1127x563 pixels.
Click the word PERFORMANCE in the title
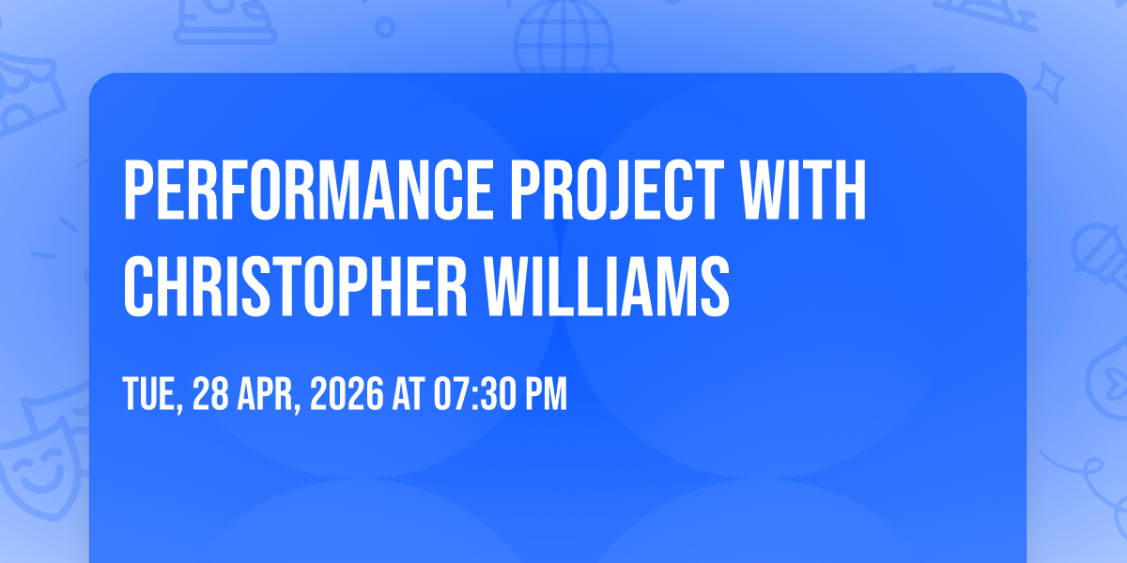[308, 190]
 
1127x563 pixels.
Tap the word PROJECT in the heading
[617, 190]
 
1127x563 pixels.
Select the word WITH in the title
[804, 190]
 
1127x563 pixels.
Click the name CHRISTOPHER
[295, 286]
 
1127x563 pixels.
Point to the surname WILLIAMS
[608, 286]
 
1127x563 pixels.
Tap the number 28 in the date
[210, 393]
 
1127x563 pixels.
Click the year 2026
[347, 393]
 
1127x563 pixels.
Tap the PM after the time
[546, 393]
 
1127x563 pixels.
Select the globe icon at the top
[563, 36]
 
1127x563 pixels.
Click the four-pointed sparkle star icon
[1048, 82]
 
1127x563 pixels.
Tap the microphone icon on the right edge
[1101, 255]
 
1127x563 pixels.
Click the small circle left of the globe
[385, 27]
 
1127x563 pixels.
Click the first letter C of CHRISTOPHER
[138, 286]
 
